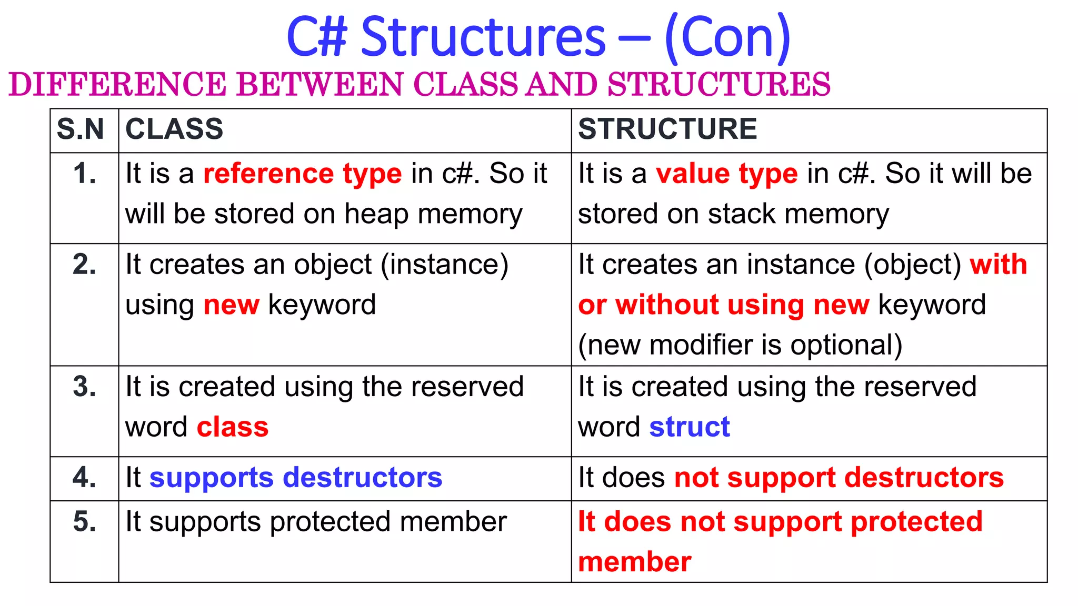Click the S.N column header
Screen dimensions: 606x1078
coord(81,129)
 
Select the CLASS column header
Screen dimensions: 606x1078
coord(174,129)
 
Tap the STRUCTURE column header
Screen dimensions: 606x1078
coord(667,129)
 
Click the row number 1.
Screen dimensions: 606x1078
coord(85,174)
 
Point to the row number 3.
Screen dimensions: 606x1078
coord(85,387)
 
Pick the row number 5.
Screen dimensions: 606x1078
coord(85,522)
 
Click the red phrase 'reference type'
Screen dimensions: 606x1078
coord(303,174)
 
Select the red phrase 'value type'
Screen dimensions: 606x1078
coord(727,174)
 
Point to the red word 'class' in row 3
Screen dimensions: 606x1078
coord(233,427)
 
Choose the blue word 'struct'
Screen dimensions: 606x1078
coord(690,427)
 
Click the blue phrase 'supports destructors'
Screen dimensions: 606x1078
coord(296,478)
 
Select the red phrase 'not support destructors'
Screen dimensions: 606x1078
coord(839,478)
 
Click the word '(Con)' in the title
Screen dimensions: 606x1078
coord(728,37)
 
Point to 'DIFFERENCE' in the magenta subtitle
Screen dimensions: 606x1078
coord(117,85)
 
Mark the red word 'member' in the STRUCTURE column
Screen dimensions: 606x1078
coord(635,562)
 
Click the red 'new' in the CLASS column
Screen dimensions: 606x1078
coord(232,305)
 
